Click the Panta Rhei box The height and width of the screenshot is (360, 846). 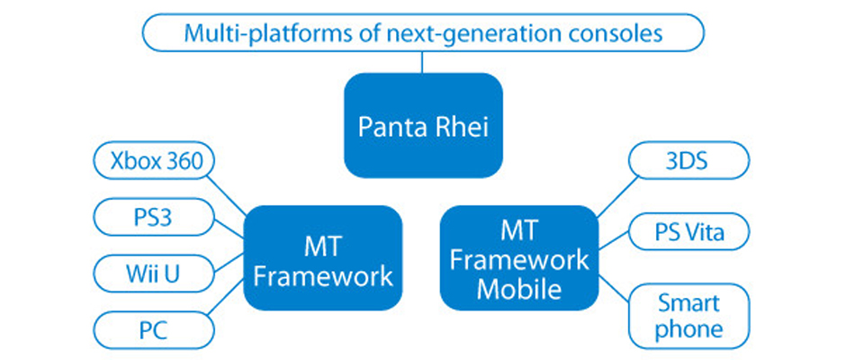point(424,125)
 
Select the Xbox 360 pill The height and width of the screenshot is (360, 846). point(154,163)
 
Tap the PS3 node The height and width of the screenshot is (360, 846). point(154,218)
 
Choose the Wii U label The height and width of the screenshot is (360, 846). point(154,274)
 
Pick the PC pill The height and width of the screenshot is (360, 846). point(154,330)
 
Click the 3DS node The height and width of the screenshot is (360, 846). point(689,160)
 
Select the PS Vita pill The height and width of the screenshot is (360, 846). point(689,231)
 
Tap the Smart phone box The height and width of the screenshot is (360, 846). point(689,316)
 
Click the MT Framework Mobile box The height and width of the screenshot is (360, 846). point(519,258)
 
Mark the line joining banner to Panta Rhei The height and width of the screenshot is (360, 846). point(423,62)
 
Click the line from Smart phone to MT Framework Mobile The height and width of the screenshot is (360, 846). point(615,289)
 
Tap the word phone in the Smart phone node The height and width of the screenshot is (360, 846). point(689,328)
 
